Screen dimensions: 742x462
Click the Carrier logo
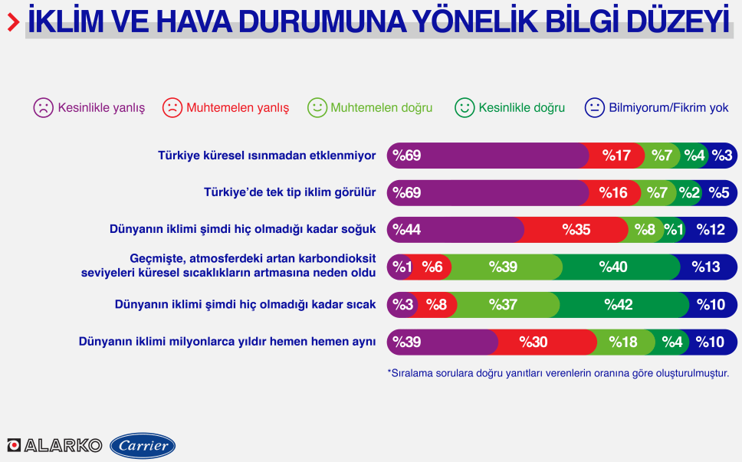pyautogui.click(x=143, y=445)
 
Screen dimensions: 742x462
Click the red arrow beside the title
pyautogui.click(x=13, y=22)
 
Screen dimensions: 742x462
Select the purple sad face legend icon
pyautogui.click(x=43, y=108)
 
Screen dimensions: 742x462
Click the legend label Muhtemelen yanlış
pyautogui.click(x=238, y=108)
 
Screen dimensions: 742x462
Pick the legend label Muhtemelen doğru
pyautogui.click(x=382, y=108)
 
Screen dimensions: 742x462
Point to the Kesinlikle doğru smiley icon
pyautogui.click(x=465, y=108)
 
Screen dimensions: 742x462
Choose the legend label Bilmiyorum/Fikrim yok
pyautogui.click(x=668, y=108)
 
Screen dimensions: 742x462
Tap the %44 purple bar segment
pyautogui.click(x=455, y=230)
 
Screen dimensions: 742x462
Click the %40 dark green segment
pyautogui.click(x=616, y=267)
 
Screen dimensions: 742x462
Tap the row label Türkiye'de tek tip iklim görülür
pyautogui.click(x=290, y=192)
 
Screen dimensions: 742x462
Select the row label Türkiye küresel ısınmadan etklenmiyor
pyautogui.click(x=267, y=156)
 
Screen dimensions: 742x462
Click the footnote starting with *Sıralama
pyautogui.click(x=558, y=373)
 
